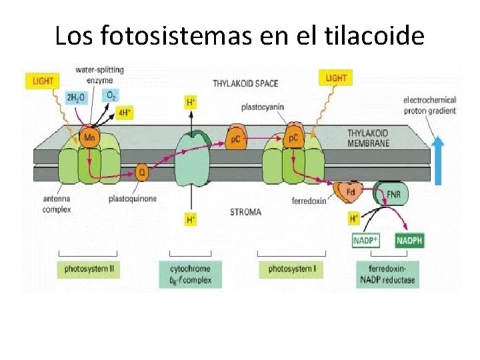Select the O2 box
(x=111, y=95)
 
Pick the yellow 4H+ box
(x=125, y=112)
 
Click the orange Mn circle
(x=89, y=138)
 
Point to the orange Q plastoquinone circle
(x=141, y=172)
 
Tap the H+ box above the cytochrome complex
(x=191, y=102)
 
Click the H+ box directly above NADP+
(x=355, y=218)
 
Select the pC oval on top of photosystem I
(x=293, y=138)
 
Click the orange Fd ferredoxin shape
(x=349, y=192)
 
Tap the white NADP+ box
(x=365, y=240)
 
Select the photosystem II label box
(x=88, y=269)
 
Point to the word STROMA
(x=245, y=213)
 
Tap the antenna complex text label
(x=57, y=204)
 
